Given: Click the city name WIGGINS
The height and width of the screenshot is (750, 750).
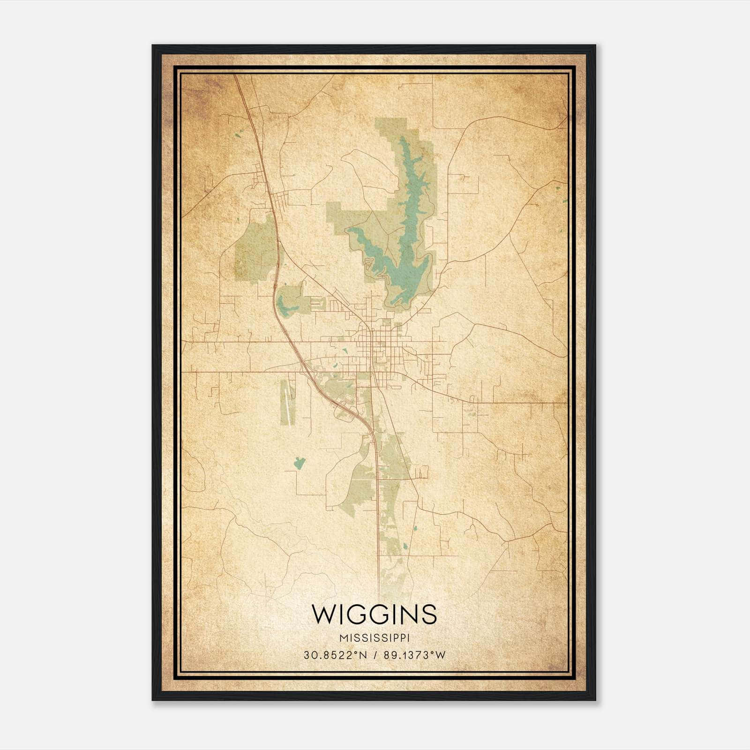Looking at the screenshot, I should pos(374,614).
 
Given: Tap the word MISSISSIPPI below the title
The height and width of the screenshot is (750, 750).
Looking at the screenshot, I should pos(374,638).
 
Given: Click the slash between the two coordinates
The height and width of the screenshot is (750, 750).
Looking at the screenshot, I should pos(375,655).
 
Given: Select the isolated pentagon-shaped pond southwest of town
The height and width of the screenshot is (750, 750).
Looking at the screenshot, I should pos(299,463).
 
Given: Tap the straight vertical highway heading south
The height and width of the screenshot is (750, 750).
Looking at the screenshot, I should pos(378,516).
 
